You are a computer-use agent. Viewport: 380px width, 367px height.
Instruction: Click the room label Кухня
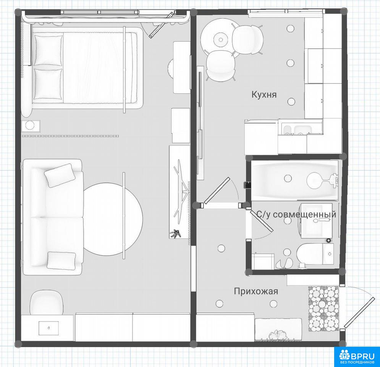[x=264, y=94]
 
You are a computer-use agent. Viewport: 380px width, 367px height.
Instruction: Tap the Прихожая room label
[x=256, y=291]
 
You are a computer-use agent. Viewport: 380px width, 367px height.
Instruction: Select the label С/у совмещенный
[x=296, y=214]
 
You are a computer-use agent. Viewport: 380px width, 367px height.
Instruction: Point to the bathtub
[x=294, y=180]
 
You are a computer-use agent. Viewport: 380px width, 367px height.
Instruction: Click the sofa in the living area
[x=53, y=217]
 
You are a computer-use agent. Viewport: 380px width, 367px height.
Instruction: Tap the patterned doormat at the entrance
[x=323, y=309]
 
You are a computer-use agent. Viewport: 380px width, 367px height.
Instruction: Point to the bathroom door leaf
[x=263, y=221]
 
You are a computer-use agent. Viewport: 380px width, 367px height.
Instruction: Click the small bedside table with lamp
[x=30, y=126]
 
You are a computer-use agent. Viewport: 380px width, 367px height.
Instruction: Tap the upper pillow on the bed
[x=48, y=50]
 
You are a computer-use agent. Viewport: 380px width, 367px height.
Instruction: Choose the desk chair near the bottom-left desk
[x=46, y=302]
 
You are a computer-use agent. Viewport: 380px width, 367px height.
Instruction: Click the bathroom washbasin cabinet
[x=316, y=221]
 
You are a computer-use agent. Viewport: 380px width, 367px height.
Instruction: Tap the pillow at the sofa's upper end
[x=59, y=175]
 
